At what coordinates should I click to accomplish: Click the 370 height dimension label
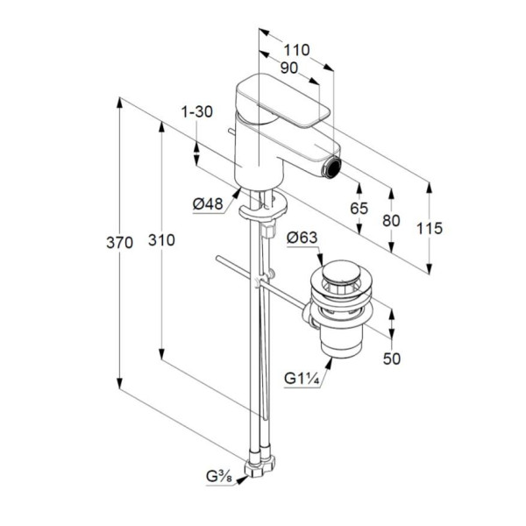(x=119, y=242)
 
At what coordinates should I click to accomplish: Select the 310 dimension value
(x=161, y=240)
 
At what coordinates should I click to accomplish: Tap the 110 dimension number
(x=296, y=50)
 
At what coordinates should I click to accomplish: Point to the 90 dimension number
(x=288, y=68)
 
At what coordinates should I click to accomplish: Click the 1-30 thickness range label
(x=197, y=111)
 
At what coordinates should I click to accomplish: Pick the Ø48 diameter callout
(x=208, y=203)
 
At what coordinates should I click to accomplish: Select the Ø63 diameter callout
(x=302, y=238)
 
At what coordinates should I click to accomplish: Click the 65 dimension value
(x=359, y=209)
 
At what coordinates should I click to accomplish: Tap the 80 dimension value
(x=391, y=220)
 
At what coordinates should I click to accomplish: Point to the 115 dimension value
(x=430, y=229)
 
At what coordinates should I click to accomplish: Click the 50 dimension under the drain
(x=392, y=359)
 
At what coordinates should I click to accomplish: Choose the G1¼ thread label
(x=302, y=379)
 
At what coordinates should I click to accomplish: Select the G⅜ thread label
(x=218, y=477)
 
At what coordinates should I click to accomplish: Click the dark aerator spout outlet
(x=333, y=167)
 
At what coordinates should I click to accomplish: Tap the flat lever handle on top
(x=283, y=102)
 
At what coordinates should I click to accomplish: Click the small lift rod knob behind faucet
(x=231, y=131)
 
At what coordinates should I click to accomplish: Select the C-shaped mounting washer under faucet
(x=263, y=207)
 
